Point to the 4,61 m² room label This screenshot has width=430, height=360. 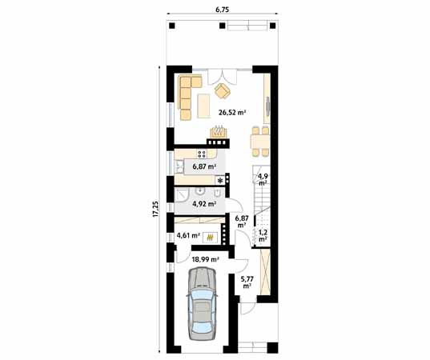pyautogui.click(x=187, y=235)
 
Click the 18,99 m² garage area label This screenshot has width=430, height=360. pyautogui.click(x=204, y=259)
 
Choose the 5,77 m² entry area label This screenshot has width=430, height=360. pyautogui.click(x=247, y=281)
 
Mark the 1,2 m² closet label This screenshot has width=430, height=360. pyautogui.click(x=262, y=235)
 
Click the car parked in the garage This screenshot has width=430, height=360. pyautogui.click(x=201, y=305)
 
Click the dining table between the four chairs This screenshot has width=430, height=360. pyautogui.click(x=258, y=143)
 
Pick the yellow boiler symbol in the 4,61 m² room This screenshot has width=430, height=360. pyautogui.click(x=211, y=238)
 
